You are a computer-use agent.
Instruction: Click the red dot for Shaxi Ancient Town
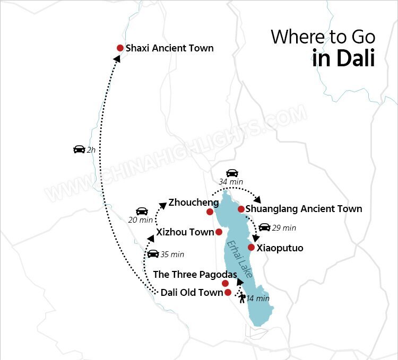click(x=120, y=48)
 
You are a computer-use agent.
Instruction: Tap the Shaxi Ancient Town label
click(x=169, y=48)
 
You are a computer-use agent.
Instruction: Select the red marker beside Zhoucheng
click(x=210, y=212)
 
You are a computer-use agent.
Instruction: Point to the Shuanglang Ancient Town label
click(x=304, y=209)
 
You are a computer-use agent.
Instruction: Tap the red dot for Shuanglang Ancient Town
click(x=241, y=209)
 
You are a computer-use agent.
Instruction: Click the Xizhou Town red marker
click(x=219, y=232)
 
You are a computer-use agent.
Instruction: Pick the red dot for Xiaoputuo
click(x=251, y=247)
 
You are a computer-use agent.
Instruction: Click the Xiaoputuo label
click(x=280, y=248)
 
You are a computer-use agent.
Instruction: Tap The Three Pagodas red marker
click(x=225, y=283)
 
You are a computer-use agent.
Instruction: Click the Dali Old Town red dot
click(x=228, y=292)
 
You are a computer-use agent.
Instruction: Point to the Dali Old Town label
click(x=192, y=293)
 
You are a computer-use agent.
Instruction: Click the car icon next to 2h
click(x=79, y=150)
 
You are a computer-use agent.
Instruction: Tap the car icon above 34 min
click(x=232, y=173)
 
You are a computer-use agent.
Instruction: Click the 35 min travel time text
click(x=172, y=254)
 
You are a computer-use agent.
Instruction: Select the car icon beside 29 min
click(x=264, y=227)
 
